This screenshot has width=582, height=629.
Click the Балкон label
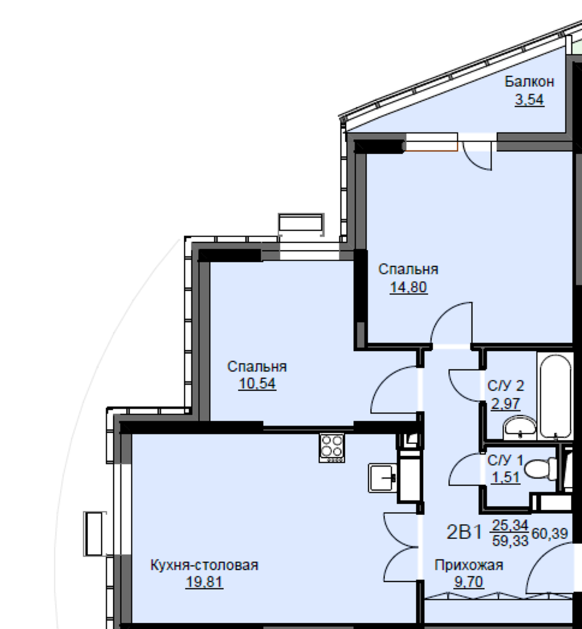click(529, 81)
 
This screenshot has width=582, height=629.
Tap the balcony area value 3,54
click(529, 99)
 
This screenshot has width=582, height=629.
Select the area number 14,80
click(408, 287)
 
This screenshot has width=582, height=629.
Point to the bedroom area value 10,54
click(257, 384)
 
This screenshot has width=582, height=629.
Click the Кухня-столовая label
click(204, 565)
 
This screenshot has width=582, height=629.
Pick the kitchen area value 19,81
click(204, 582)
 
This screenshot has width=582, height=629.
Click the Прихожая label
click(468, 565)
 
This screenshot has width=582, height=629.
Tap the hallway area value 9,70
click(468, 582)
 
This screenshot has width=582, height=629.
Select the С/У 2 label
click(506, 386)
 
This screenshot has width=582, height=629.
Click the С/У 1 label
click(505, 460)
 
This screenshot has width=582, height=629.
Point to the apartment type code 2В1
click(464, 532)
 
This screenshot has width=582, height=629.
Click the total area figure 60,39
click(549, 533)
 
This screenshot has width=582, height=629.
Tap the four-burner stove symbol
click(332, 448)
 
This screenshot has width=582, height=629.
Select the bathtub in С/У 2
click(555, 396)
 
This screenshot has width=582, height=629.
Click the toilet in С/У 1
click(540, 469)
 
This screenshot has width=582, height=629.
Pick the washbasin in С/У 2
click(520, 427)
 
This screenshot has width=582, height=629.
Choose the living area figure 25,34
click(510, 525)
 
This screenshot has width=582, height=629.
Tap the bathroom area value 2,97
click(506, 403)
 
